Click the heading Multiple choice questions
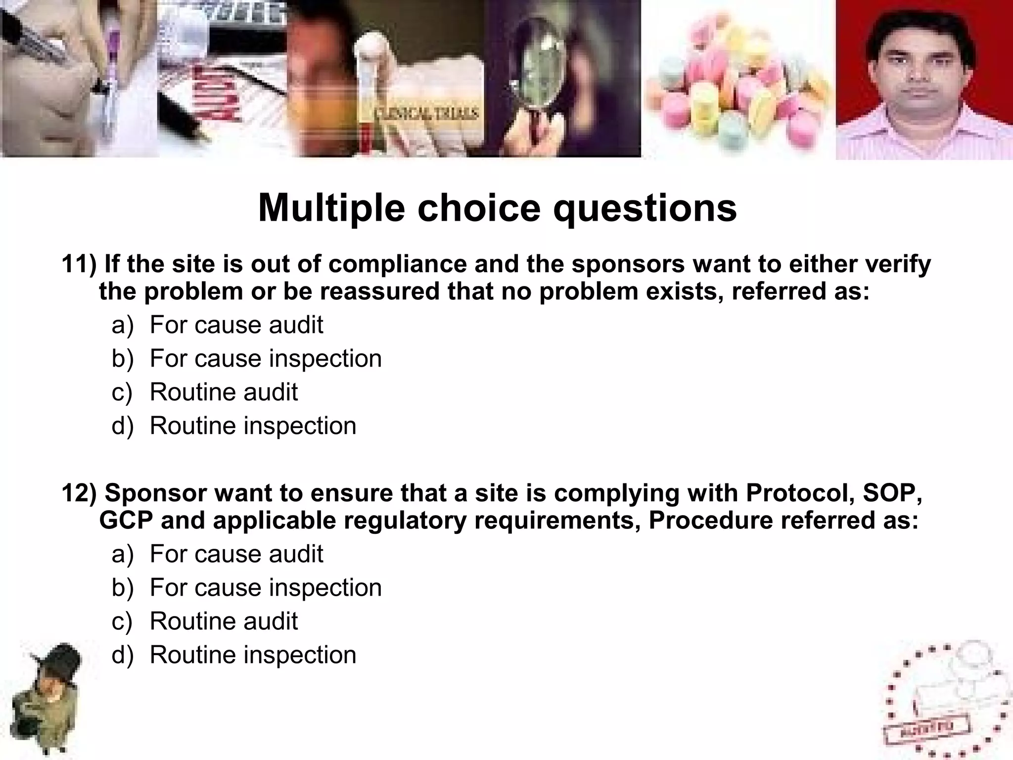tap(497, 208)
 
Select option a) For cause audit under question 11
tap(236, 325)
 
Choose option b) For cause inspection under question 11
tap(266, 359)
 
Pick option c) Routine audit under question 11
tap(224, 392)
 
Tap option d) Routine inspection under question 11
tap(253, 426)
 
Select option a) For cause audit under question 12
tap(236, 554)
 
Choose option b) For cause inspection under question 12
tap(266, 588)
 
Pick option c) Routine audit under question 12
tap(224, 621)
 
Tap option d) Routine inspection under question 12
tap(253, 655)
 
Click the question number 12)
tap(79, 493)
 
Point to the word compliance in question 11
tap(397, 265)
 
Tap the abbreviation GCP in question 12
tap(126, 521)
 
